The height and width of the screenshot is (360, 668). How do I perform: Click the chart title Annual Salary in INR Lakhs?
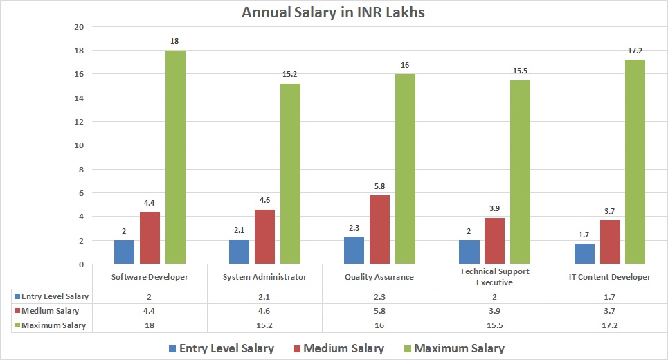pos(334,12)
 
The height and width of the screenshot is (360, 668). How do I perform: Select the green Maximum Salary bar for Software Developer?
pos(175,157)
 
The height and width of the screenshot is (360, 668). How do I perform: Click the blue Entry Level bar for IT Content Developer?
pos(584,253)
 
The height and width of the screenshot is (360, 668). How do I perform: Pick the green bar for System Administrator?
pos(290,174)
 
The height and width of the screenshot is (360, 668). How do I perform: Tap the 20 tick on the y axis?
pos(78,27)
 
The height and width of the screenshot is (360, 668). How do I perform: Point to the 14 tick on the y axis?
pos(78,98)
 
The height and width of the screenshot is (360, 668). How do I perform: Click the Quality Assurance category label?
pos(379,277)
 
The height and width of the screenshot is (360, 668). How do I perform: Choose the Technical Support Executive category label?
pos(494,277)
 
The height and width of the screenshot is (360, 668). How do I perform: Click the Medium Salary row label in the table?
pos(51,311)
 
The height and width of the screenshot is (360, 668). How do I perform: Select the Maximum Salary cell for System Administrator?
pos(264,325)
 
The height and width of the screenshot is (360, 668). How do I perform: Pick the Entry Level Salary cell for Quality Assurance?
pos(379,296)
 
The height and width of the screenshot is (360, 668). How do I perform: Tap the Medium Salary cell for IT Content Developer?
pos(610,311)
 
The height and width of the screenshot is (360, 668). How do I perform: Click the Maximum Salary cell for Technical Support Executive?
pos(494,325)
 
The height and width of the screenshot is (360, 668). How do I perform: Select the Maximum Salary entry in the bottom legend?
pos(452,348)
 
